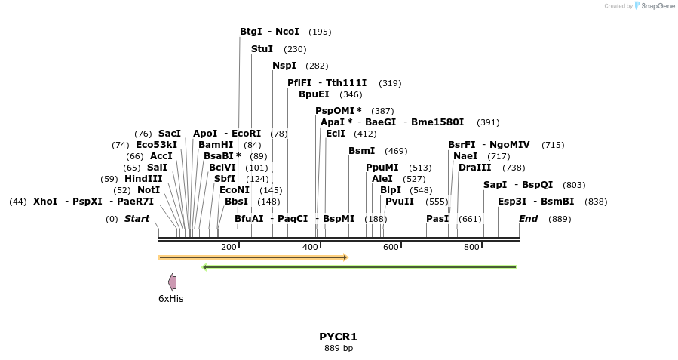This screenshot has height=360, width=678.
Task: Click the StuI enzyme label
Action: (262, 49)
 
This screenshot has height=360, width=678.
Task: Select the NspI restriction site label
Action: (284, 66)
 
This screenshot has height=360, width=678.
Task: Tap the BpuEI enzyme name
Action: (314, 94)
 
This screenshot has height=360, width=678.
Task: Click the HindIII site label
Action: (143, 179)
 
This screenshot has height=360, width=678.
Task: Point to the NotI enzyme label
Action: (149, 190)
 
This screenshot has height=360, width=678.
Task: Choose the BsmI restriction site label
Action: (361, 151)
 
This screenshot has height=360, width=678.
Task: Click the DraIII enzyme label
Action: (474, 168)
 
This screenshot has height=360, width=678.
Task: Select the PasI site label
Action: (437, 219)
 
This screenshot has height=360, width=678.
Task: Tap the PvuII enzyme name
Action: (400, 202)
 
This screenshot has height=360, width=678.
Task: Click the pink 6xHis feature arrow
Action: (173, 282)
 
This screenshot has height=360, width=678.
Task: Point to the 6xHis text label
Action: (170, 299)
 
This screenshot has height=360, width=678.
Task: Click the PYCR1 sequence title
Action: (338, 337)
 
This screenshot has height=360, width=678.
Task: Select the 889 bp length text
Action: (338, 349)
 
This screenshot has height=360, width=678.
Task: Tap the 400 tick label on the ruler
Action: (310, 248)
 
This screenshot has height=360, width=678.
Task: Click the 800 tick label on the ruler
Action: (471, 248)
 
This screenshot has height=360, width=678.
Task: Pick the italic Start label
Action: (137, 219)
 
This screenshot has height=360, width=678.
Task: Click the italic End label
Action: (528, 219)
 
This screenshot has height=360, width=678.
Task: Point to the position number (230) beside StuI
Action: (295, 49)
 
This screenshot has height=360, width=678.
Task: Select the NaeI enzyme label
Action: (465, 156)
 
